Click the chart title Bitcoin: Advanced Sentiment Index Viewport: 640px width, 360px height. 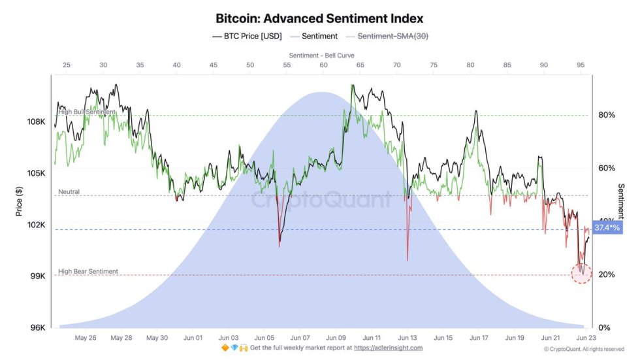[x=319, y=19]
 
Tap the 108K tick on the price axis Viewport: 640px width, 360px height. [x=35, y=122]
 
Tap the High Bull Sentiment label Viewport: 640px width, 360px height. [x=87, y=112]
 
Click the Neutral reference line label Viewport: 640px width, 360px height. [x=69, y=192]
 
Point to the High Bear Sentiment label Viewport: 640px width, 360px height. [x=88, y=271]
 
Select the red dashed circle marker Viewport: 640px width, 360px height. [x=581, y=274]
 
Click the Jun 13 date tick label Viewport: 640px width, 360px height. [x=407, y=338]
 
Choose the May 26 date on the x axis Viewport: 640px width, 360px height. [x=86, y=338]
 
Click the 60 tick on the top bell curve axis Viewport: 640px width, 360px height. [x=323, y=65]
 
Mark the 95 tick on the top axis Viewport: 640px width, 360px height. [x=581, y=65]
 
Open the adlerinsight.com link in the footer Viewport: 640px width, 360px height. [x=388, y=348]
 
